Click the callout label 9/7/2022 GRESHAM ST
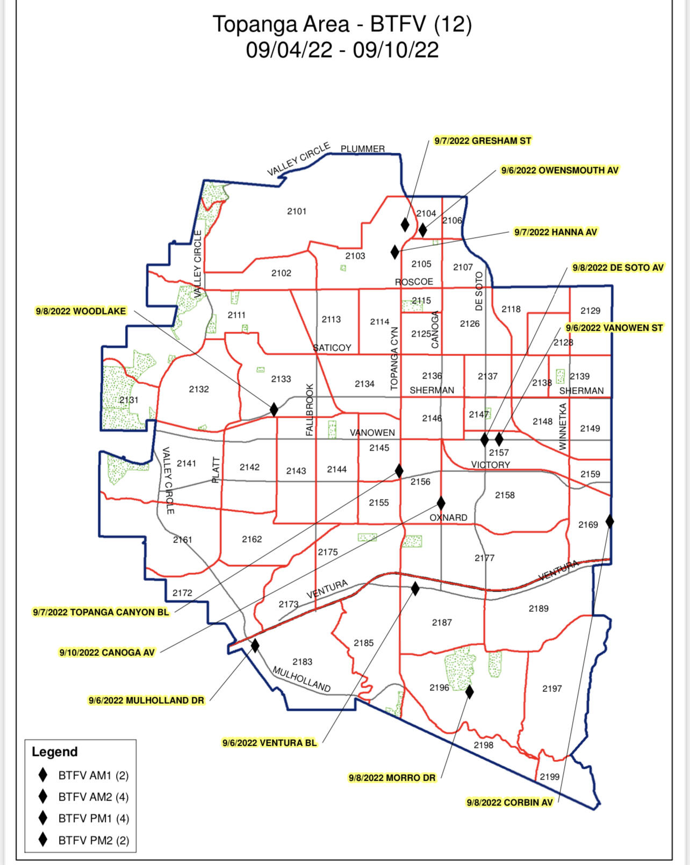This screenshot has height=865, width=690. (x=483, y=141)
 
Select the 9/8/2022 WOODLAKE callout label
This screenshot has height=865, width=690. (x=81, y=311)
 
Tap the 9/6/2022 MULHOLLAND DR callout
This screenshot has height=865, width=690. (x=146, y=700)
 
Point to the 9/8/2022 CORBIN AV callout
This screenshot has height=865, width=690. (x=509, y=803)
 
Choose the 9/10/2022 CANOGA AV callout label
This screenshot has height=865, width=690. (x=107, y=653)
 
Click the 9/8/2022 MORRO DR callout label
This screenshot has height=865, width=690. (x=392, y=778)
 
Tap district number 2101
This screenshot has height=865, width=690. (x=297, y=211)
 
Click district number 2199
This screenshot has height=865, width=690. (x=549, y=777)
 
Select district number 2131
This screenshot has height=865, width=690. (x=129, y=400)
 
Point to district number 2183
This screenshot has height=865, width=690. (x=302, y=662)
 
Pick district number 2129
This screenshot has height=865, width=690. (x=590, y=311)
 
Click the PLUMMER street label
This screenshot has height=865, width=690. (x=363, y=149)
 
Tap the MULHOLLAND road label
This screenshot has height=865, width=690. (x=301, y=679)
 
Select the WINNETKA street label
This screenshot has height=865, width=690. (x=563, y=426)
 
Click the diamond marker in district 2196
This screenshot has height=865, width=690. (x=469, y=692)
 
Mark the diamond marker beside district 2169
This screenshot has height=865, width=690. (x=609, y=521)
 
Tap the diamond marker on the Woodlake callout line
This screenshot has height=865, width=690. (x=274, y=410)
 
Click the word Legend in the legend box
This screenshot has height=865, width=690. (x=55, y=752)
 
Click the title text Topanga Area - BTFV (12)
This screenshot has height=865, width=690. (x=342, y=24)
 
